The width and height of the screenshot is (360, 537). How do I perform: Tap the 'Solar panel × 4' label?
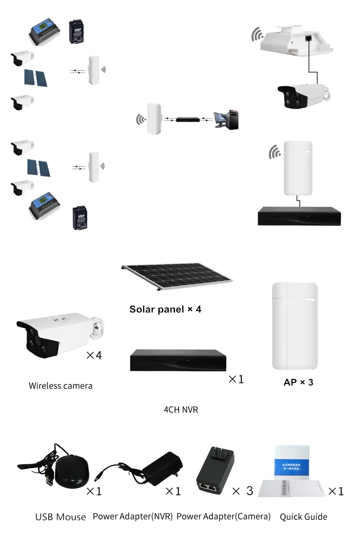(165, 309)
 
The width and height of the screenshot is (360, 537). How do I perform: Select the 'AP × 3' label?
(298, 382)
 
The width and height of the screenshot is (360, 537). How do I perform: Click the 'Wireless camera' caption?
(60, 386)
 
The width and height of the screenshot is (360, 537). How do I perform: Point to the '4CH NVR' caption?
(181, 410)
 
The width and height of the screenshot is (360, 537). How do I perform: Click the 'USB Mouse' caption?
(60, 517)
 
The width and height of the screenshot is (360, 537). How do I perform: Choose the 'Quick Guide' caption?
(303, 517)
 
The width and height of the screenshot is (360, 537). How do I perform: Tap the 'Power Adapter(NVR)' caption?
(133, 516)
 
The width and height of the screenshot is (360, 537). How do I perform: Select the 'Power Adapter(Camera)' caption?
(223, 516)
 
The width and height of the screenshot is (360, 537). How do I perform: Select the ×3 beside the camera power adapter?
(243, 491)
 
